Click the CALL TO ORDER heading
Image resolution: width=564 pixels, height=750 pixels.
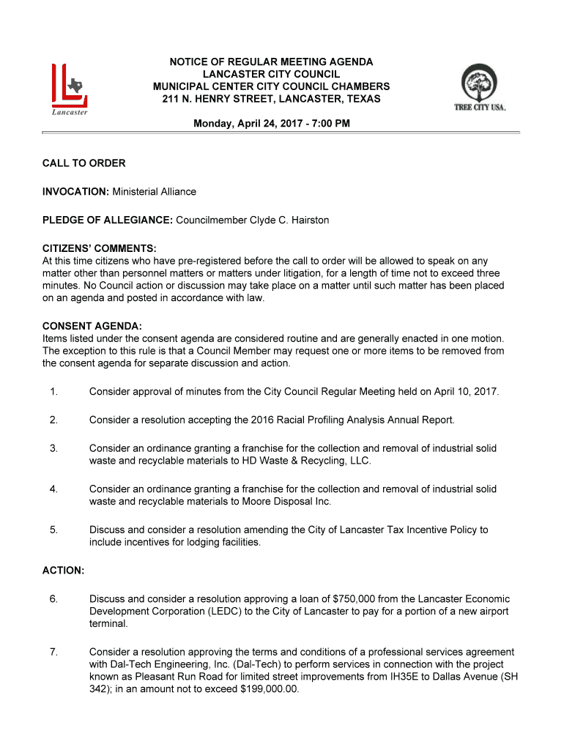[84, 163]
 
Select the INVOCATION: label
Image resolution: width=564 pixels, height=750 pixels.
[75, 192]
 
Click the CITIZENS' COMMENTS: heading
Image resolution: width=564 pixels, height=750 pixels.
[99, 248]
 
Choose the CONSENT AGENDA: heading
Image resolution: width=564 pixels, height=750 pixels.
[92, 326]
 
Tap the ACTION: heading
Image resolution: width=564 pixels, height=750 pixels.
[63, 570]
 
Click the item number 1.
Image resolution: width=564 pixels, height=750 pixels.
[53, 392]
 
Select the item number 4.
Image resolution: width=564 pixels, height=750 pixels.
[53, 489]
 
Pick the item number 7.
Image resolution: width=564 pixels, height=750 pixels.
[53, 652]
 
